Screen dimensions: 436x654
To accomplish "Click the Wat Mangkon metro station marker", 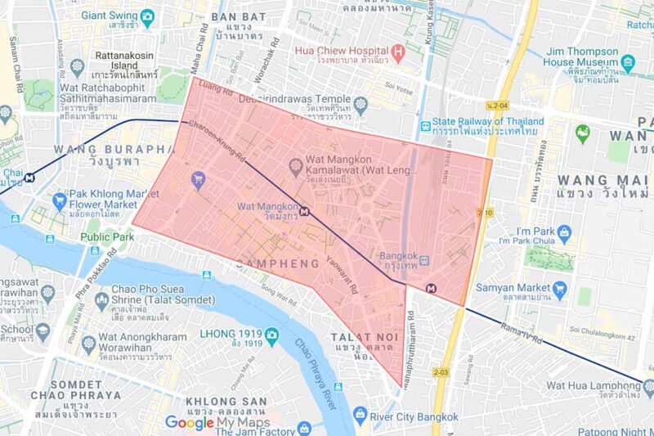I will pos(305,211).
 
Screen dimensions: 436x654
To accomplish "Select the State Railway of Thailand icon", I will pos(425,125).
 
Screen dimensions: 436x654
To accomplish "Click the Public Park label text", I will pos(106,237).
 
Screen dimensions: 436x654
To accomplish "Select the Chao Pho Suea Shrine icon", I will pos(101,301).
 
